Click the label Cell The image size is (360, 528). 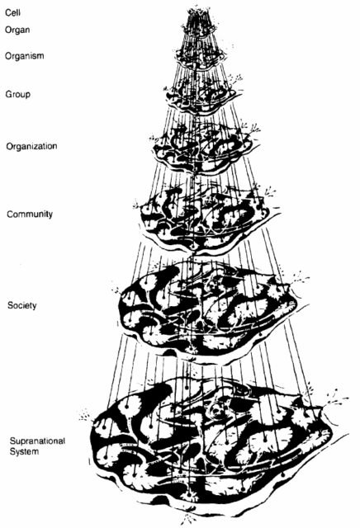coord(13,13)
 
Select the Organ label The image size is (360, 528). coord(17,30)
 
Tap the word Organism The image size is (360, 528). coord(25,56)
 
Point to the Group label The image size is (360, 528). coord(18,94)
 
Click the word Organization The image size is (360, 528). coord(31,147)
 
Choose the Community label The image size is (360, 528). coord(30,214)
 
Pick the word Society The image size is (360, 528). coord(22,305)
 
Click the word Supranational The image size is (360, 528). coord(37,441)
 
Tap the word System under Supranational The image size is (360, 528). coord(24,451)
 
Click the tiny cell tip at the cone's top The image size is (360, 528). coord(199,13)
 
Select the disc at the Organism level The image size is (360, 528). coord(202,58)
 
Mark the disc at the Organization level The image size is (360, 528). coord(203,148)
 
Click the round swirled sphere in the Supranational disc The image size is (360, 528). coord(216,410)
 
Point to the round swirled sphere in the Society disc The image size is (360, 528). coord(213,286)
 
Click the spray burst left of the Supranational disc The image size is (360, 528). coord(85,415)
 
